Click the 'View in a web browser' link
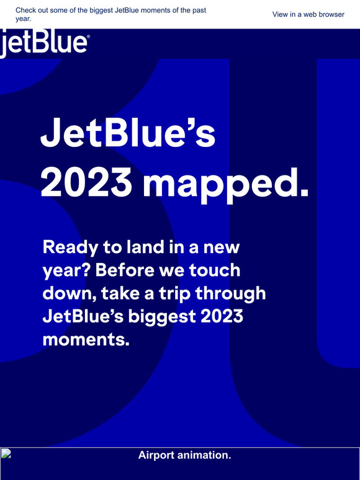click(308, 14)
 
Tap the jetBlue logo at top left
click(43, 43)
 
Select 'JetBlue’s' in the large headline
click(128, 136)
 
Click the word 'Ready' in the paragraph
click(69, 249)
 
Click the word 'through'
click(232, 294)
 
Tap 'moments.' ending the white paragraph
click(86, 339)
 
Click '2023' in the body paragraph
click(221, 316)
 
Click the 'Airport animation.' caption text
click(184, 455)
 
